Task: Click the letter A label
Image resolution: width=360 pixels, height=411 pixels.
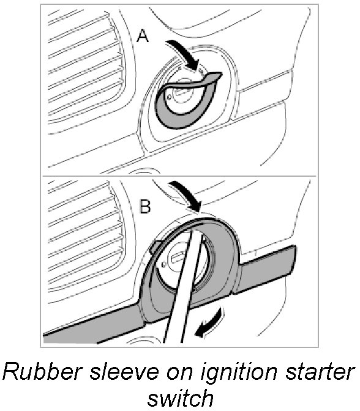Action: (x=143, y=35)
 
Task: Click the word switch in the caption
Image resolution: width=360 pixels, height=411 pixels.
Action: (x=180, y=398)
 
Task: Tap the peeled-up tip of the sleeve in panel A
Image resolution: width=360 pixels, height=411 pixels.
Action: (x=214, y=76)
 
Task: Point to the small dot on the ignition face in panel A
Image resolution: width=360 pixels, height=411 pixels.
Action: (x=169, y=97)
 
